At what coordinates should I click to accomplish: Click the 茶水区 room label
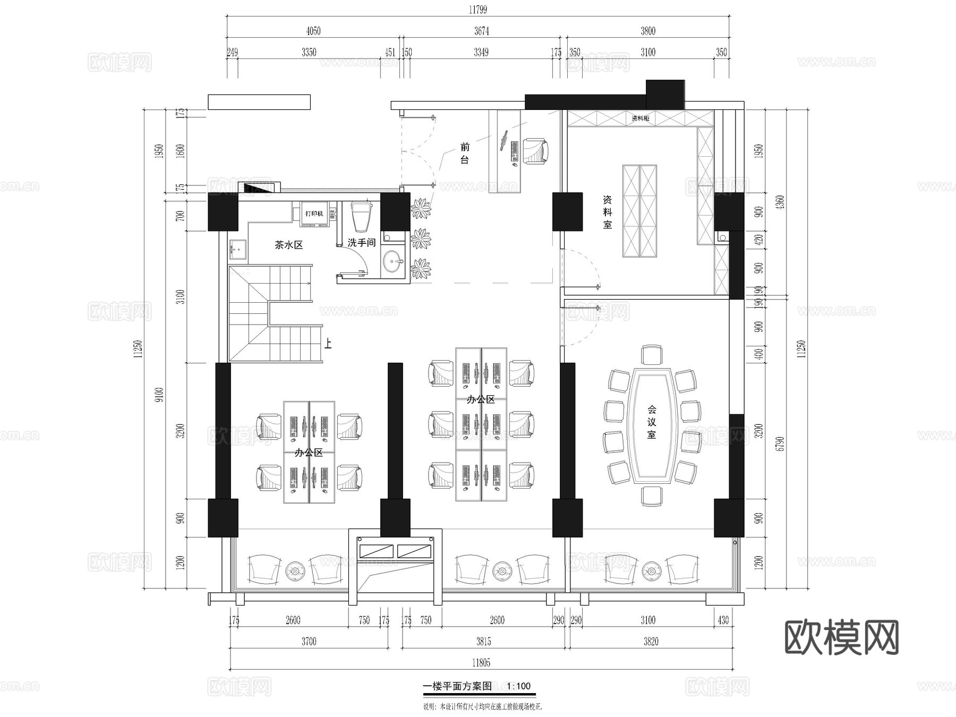pos(288,245)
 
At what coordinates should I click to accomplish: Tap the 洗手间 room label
pos(362,243)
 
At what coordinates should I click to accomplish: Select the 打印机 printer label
pos(314,214)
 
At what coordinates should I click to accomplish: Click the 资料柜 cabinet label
pos(641,118)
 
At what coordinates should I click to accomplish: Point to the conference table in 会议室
pos(652,423)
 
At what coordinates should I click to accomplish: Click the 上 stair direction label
pos(328,344)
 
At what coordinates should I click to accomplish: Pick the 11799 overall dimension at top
pos(478,10)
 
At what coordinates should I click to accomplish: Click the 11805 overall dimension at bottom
pos(481,663)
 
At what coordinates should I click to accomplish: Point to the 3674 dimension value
pos(482,31)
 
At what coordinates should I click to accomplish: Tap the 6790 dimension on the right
pos(780,444)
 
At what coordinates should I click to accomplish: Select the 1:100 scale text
pos(519,686)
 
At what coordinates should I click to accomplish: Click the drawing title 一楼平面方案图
pos(457,686)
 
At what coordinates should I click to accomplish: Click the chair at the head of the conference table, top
pos(652,355)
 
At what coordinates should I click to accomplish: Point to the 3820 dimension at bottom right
pos(651,642)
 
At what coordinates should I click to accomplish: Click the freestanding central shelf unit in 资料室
pos(639,211)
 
